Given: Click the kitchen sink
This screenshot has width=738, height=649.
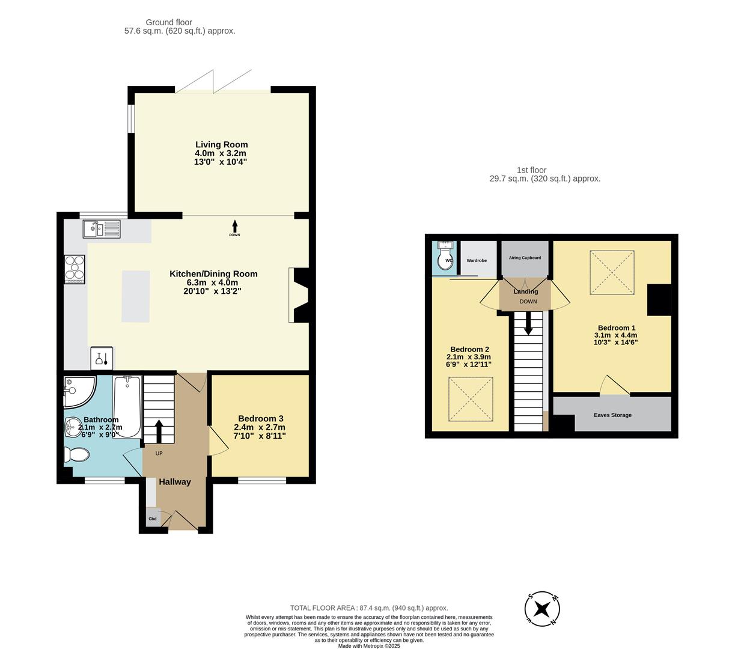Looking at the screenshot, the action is (x=102, y=229).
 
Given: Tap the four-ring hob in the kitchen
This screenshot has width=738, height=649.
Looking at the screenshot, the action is (x=75, y=269).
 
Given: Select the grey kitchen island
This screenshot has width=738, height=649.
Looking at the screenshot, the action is (x=135, y=296).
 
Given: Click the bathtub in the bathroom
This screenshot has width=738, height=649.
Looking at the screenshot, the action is (x=127, y=406).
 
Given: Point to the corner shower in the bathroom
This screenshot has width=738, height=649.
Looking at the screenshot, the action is (x=79, y=391).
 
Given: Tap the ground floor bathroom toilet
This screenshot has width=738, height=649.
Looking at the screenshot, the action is (x=76, y=454).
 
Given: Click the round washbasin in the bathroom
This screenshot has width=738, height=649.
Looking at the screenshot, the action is (x=73, y=427).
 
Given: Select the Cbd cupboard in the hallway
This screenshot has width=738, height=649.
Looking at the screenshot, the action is (x=153, y=518).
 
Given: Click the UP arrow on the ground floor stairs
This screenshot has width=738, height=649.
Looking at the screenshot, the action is (x=159, y=431).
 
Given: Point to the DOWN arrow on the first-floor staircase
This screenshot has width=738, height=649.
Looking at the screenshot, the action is (x=528, y=323).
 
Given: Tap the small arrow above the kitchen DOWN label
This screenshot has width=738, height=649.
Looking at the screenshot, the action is (x=234, y=226).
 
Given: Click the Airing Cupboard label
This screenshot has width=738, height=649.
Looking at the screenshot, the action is (x=525, y=257).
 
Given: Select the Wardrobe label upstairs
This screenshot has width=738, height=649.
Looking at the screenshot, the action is (x=477, y=260).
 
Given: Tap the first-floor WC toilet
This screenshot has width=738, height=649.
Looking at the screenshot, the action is (x=444, y=256).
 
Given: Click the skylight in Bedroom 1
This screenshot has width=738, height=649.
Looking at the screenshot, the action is (x=612, y=272).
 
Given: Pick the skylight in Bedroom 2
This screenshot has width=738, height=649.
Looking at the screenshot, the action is (x=471, y=399).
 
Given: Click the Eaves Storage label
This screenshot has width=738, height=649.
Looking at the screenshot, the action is (x=612, y=415).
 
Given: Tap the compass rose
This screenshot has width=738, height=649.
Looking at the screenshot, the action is (x=542, y=609).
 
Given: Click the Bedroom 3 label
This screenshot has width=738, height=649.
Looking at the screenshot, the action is (x=260, y=418).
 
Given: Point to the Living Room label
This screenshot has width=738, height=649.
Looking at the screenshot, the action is (x=222, y=145).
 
